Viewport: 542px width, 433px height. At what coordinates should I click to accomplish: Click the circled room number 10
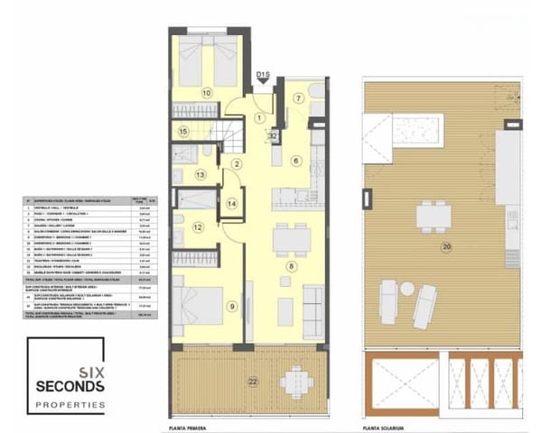206,92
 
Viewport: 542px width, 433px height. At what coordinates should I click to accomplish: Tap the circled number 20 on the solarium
445,245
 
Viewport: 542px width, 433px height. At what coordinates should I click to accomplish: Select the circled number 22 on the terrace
253,382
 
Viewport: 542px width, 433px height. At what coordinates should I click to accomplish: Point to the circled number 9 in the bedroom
233,307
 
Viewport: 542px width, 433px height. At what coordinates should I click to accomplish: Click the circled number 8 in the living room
291,267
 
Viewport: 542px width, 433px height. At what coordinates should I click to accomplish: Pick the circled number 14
232,204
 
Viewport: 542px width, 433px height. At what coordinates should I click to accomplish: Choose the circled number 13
201,173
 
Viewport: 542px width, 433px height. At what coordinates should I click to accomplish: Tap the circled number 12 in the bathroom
198,227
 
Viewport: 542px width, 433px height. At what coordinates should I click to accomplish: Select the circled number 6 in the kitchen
294,161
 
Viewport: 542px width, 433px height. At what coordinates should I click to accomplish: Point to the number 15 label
183,132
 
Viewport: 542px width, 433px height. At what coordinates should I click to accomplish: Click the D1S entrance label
265,74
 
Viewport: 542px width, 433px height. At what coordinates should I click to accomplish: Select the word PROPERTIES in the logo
70,406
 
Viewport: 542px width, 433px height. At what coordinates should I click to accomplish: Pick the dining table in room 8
292,236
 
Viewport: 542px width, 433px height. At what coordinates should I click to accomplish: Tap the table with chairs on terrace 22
293,381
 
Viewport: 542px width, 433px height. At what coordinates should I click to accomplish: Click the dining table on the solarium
433,216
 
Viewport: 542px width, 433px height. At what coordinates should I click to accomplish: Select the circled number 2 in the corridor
237,163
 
